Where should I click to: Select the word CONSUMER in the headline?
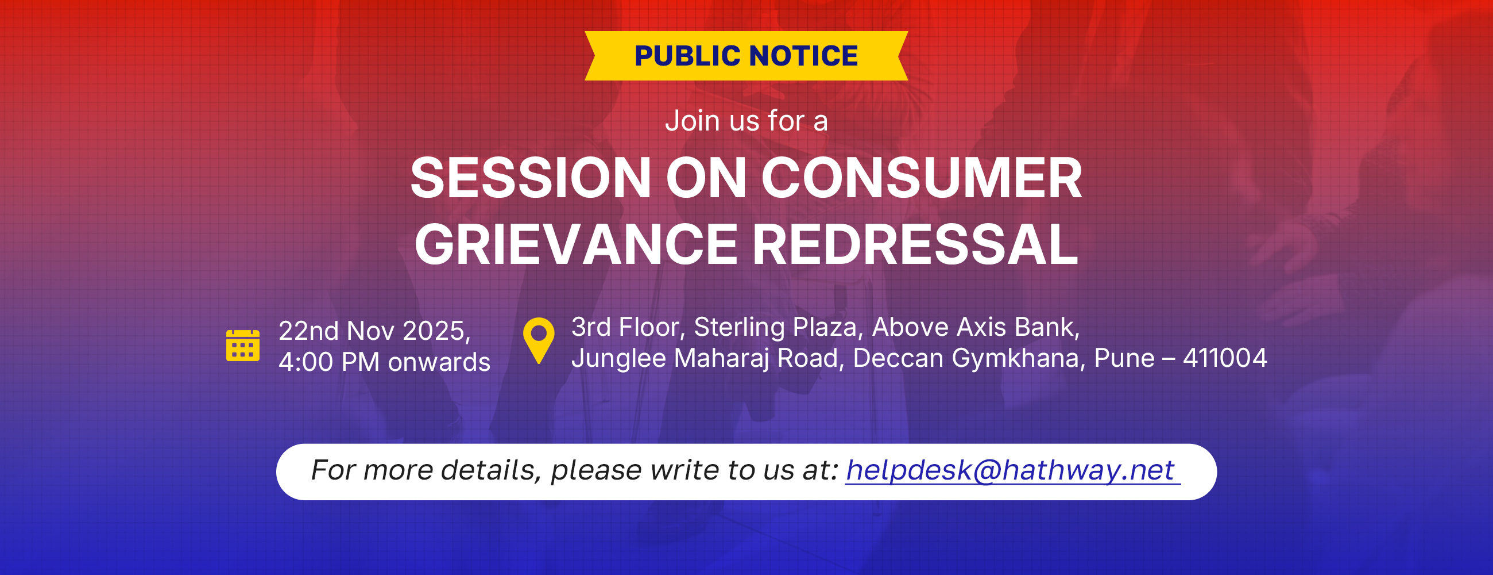point(922,178)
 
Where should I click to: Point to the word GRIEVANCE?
point(576,245)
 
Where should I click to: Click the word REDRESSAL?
point(915,245)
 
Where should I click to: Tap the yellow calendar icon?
point(243,345)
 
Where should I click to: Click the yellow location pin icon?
point(539,340)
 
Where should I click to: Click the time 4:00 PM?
point(328,362)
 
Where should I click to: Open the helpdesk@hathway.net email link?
point(1011,470)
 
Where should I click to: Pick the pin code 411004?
point(1225,358)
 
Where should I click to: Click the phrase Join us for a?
point(746,121)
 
